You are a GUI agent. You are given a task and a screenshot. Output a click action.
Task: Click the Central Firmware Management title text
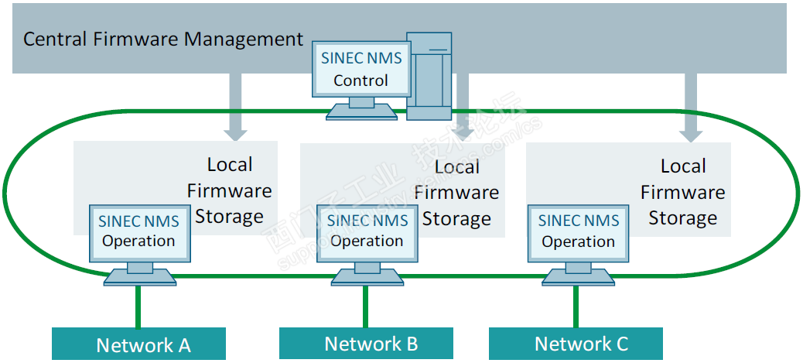tap(163, 39)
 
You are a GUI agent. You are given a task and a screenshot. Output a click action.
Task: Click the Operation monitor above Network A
tap(139, 231)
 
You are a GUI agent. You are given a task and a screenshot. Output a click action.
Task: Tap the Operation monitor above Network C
tap(578, 231)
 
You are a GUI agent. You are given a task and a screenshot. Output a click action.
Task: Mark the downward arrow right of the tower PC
tap(463, 104)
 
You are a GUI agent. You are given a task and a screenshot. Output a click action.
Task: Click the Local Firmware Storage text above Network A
tap(230, 190)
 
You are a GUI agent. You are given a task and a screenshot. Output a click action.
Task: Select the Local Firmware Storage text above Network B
tap(456, 193)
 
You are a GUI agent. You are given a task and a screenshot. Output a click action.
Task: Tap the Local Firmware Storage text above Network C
tap(683, 192)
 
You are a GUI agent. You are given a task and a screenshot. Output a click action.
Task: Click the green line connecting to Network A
tap(138, 306)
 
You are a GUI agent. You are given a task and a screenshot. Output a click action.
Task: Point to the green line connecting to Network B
tap(365, 306)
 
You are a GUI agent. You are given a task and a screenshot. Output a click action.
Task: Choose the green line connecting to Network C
tap(576, 306)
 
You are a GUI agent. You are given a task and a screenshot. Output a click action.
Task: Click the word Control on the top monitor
tap(361, 80)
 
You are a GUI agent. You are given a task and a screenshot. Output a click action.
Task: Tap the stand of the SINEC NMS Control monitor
tap(361, 108)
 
